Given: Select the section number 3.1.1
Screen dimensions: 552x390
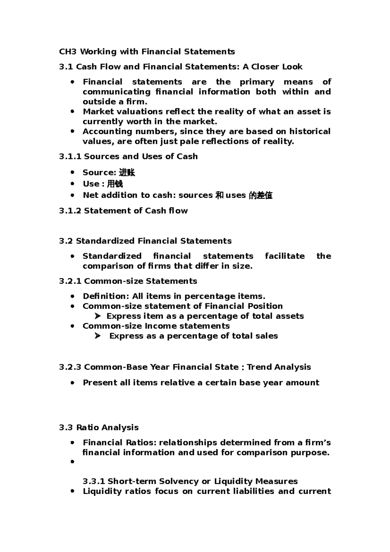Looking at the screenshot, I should pyautogui.click(x=70, y=156).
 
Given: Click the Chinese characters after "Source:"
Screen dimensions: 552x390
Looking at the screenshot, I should pyautogui.click(x=127, y=173).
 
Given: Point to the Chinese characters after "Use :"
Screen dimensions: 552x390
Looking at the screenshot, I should pyautogui.click(x=115, y=184).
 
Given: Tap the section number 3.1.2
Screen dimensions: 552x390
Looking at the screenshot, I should pyautogui.click(x=70, y=211).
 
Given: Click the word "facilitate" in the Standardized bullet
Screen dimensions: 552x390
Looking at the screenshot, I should pyautogui.click(x=285, y=256).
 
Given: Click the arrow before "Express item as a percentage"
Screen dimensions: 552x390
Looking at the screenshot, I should pyautogui.click(x=97, y=316).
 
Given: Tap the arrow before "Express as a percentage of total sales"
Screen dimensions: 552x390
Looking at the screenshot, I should pyautogui.click(x=97, y=336).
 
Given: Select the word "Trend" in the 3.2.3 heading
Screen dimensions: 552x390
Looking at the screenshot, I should pyautogui.click(x=259, y=367).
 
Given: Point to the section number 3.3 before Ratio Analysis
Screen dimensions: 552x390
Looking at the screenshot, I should pyautogui.click(x=66, y=427).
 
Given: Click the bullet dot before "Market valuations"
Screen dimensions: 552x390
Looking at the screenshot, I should pyautogui.click(x=72, y=112).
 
